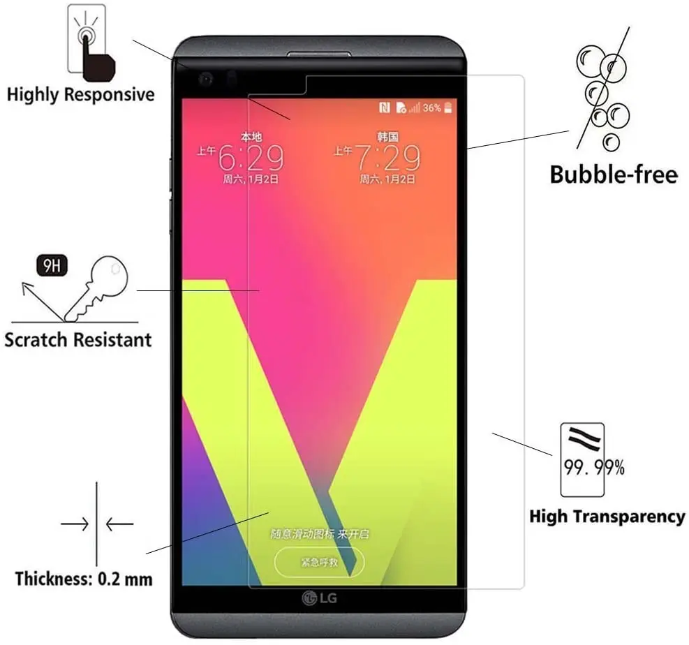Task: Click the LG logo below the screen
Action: point(318,598)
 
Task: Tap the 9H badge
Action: point(52,265)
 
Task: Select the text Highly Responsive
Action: point(80,94)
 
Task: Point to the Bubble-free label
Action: point(614,174)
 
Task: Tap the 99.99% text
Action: point(594,468)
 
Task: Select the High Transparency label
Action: point(607,517)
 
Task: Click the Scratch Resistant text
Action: point(77,340)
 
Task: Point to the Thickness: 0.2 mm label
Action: point(84,579)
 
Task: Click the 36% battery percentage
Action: point(431,108)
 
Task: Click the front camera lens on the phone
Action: point(206,80)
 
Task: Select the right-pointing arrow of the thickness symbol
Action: point(73,523)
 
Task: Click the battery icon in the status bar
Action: point(447,107)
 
